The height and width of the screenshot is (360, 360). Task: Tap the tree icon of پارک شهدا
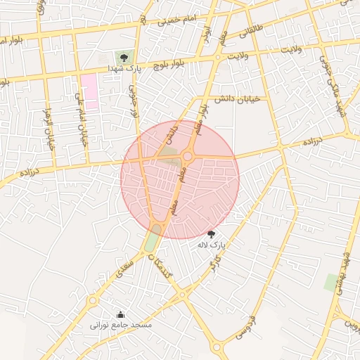point(124,58)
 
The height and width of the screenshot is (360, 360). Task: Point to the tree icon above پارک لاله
point(211,234)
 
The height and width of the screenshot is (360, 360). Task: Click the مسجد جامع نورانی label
point(116,326)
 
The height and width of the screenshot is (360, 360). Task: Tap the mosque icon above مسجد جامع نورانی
point(120,314)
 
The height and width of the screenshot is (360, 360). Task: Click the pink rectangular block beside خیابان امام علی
point(89,91)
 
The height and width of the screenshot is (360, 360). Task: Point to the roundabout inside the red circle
point(188,156)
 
